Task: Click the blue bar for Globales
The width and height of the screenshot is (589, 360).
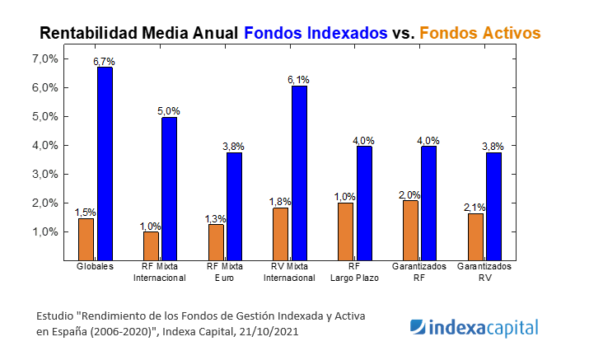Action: point(105,163)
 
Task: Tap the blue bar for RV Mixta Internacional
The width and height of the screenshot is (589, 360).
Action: point(299,172)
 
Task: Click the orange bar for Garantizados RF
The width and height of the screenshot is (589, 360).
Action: point(410,230)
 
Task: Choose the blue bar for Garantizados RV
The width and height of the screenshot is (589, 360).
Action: point(493,206)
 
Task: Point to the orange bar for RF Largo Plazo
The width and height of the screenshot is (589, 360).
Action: point(345,231)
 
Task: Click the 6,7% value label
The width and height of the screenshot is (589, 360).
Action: point(105,62)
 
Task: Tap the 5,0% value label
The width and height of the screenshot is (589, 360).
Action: point(169,111)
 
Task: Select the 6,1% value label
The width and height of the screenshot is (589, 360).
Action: point(299,80)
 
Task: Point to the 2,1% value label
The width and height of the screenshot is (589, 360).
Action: point(474,208)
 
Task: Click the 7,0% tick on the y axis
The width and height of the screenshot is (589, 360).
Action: point(44,59)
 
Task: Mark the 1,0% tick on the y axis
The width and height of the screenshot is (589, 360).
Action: point(44,232)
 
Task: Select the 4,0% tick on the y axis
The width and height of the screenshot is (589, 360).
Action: point(44,146)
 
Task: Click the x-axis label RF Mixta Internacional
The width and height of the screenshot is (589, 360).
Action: point(159,273)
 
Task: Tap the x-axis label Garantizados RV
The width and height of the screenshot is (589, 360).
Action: point(484,273)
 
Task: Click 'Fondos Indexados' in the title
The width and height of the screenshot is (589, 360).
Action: point(316,32)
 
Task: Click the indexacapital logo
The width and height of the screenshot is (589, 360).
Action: point(474,327)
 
